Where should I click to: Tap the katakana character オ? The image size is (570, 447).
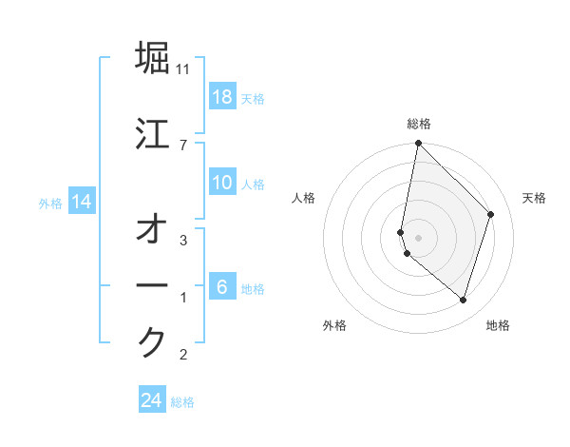click(x=152, y=229)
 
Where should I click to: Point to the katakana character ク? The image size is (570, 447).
click(x=152, y=342)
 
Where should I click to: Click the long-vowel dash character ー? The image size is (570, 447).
click(x=152, y=285)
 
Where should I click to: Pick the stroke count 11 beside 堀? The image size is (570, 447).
click(x=183, y=69)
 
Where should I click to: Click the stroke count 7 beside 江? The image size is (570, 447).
click(x=183, y=145)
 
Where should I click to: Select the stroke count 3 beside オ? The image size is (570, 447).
click(x=183, y=241)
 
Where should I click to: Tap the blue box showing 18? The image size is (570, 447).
click(x=222, y=98)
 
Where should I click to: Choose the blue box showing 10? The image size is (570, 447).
click(x=222, y=183)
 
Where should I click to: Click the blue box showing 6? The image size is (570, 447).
click(x=222, y=287)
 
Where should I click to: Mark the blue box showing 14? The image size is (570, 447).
click(x=82, y=203)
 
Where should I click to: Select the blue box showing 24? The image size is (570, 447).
click(x=152, y=401)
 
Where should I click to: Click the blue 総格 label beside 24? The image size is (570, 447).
click(x=182, y=402)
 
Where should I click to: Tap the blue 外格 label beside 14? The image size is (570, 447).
click(x=50, y=203)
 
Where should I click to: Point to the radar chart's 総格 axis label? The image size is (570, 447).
click(x=419, y=125)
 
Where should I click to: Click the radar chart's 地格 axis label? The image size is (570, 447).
click(x=498, y=326)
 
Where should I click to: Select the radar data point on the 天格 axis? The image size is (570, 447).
click(x=491, y=214)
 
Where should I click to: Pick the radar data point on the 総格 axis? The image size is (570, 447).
click(x=419, y=144)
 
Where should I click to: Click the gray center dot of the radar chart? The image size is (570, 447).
click(x=419, y=237)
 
